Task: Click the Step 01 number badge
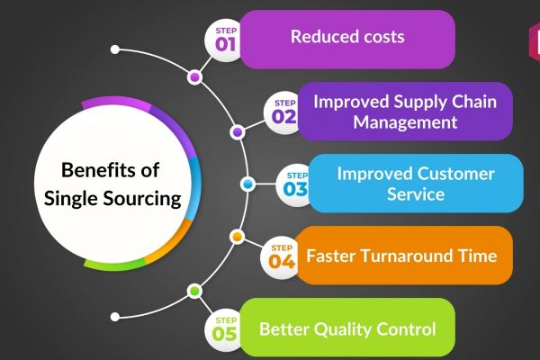[x=225, y=40]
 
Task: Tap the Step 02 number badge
[x=283, y=112]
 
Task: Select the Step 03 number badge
[x=295, y=185]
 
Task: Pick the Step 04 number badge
[x=282, y=257]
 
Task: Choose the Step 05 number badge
[x=225, y=330]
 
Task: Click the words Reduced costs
[x=347, y=37]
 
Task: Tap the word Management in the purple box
[x=405, y=122]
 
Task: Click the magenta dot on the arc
[x=194, y=77]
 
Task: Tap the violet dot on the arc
[x=238, y=132]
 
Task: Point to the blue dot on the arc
[x=247, y=184]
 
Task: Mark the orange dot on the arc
[x=237, y=237]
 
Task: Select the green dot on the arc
[x=194, y=292]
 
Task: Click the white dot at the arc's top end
[x=115, y=49]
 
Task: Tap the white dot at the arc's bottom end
[x=115, y=317]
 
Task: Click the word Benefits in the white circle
[x=91, y=170]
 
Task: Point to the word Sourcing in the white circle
[x=142, y=200]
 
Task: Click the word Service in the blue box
[x=416, y=194]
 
